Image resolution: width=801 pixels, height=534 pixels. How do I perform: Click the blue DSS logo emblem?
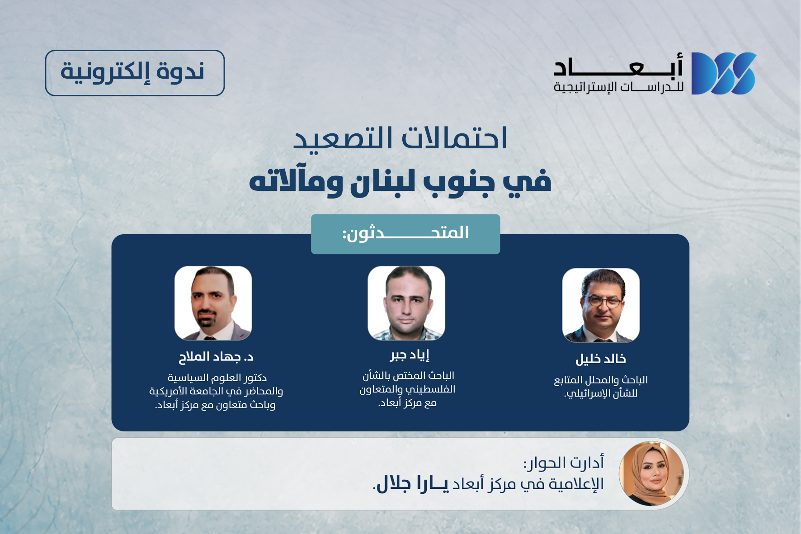coord(723,73)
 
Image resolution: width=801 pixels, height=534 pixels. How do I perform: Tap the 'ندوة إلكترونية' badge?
coord(135,73)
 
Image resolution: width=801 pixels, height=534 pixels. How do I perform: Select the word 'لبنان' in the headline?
coord(383,181)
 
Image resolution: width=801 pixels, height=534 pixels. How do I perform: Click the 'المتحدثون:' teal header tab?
coord(405,234)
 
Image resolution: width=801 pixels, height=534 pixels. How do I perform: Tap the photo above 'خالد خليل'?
coord(601,305)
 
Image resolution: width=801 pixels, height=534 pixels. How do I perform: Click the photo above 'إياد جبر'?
coord(406,303)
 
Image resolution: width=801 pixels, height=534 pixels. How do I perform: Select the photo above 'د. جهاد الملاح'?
coord(213,303)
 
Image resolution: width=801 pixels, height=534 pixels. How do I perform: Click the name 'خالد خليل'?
coord(601,359)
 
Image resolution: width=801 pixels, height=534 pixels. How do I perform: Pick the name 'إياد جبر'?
coord(410,355)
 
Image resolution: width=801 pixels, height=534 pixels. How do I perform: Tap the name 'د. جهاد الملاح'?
coord(216,357)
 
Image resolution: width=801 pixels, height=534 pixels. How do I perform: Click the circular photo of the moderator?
coord(651,473)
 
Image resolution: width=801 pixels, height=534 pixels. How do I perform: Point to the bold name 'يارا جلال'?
coord(412,483)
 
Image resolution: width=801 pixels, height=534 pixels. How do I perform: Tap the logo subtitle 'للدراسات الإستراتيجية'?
coord(618,87)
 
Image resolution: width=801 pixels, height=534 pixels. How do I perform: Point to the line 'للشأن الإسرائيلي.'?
coord(601,393)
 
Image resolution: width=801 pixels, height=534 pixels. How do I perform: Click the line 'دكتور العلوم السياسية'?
coord(217,378)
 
